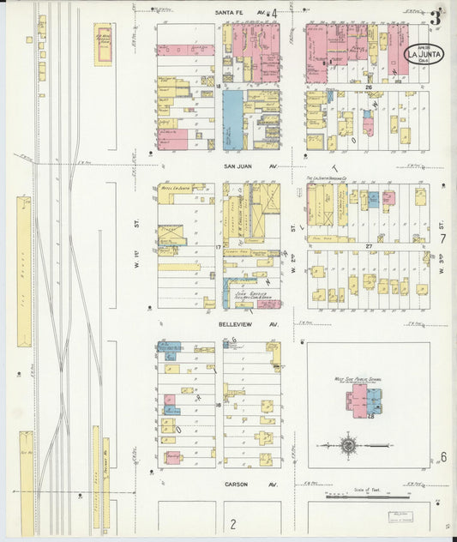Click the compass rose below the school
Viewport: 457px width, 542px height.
[x=348, y=445]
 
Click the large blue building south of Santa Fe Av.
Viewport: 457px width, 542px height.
[x=232, y=120]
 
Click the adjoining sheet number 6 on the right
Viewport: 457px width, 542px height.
[x=443, y=456]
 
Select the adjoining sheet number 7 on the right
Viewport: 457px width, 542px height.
[x=443, y=238]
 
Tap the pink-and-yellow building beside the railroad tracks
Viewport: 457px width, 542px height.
[x=103, y=43]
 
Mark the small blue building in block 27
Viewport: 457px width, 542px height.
[x=373, y=199]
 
